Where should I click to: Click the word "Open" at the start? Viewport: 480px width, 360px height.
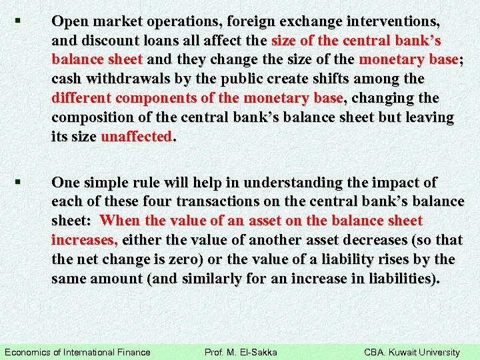[70, 21]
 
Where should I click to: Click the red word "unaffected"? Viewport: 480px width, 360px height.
[137, 137]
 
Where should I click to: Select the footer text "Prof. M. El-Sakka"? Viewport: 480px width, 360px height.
[241, 352]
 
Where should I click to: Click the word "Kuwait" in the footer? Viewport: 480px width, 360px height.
[407, 352]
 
